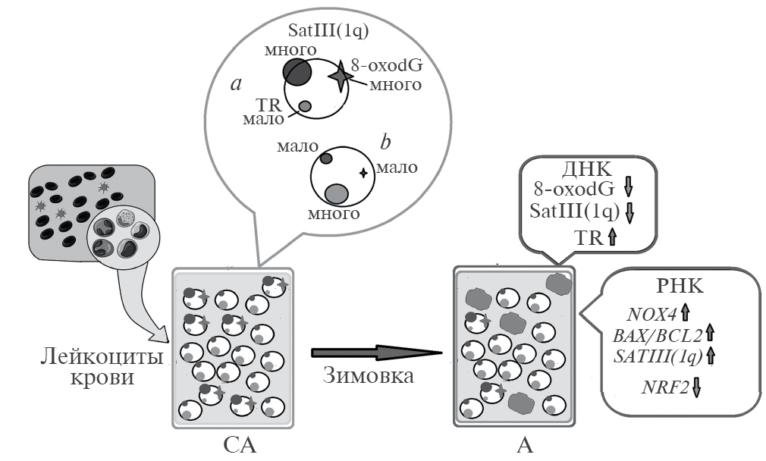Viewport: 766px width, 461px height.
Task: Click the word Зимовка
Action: point(368,375)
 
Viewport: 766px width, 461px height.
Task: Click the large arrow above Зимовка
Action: point(376,353)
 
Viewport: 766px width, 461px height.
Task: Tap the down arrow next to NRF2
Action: point(695,387)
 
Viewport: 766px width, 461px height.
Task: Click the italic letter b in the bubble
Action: point(385,142)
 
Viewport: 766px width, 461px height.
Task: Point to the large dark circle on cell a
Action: point(297,72)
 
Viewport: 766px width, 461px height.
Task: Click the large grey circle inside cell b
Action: point(336,194)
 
